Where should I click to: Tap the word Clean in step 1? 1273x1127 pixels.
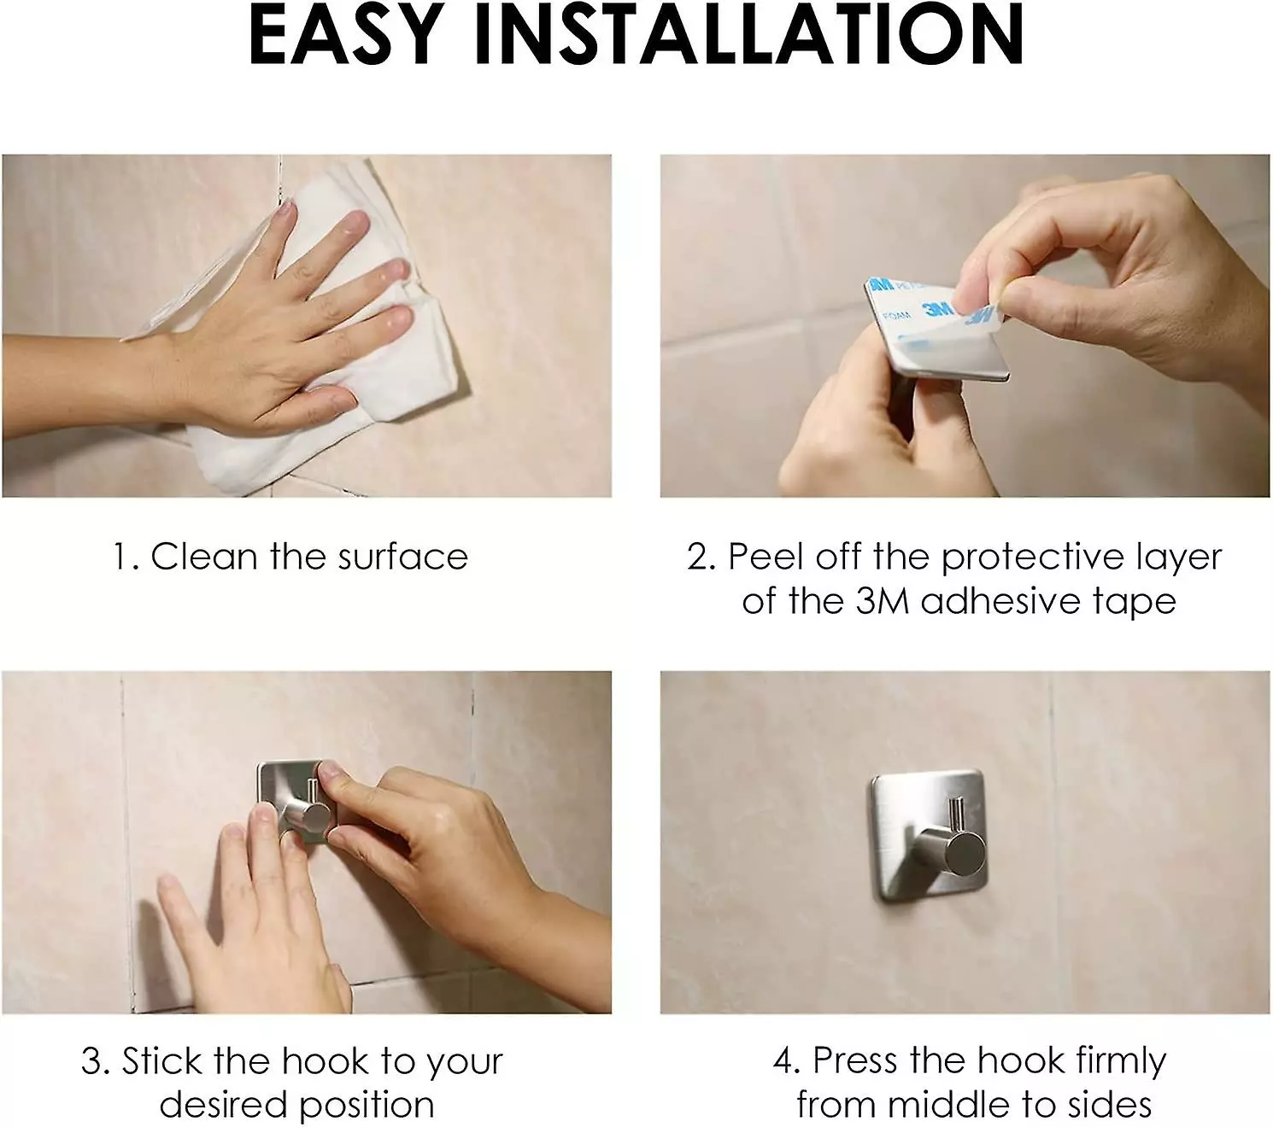(x=204, y=557)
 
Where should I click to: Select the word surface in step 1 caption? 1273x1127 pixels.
(x=403, y=557)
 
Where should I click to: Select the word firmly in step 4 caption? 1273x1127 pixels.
(x=1121, y=1061)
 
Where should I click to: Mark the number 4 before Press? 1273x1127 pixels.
(x=783, y=1061)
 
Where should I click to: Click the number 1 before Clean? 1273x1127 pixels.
(x=123, y=557)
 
